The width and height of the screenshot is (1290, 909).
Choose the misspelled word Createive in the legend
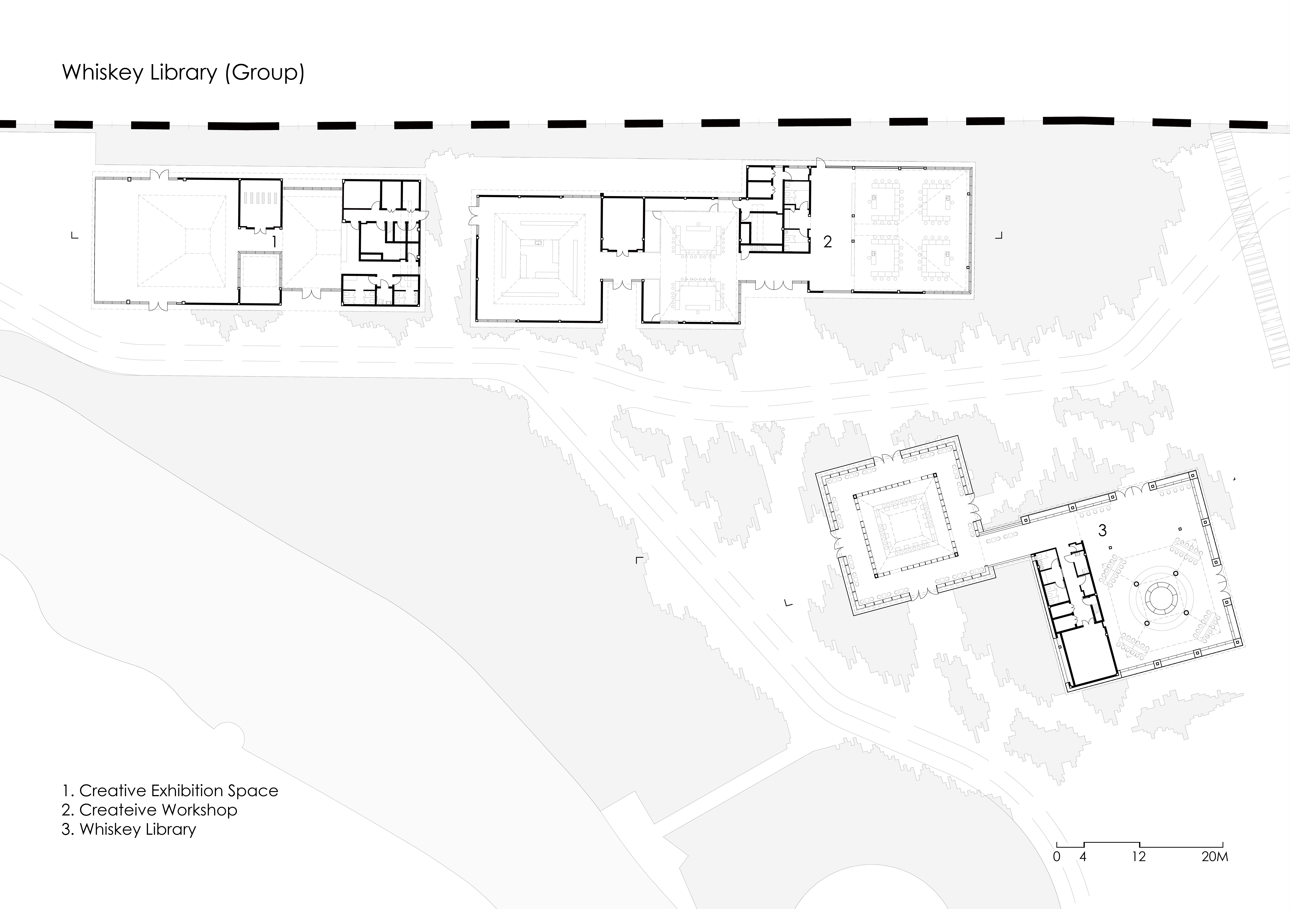point(117,810)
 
